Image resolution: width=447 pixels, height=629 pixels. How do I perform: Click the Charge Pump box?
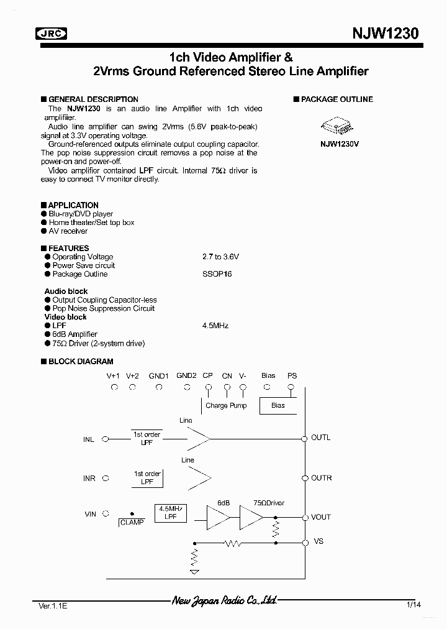pyautogui.click(x=226, y=405)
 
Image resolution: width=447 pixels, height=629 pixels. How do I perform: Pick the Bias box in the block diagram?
pyautogui.click(x=278, y=405)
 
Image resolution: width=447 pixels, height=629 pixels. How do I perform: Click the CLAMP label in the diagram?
pyautogui.click(x=132, y=523)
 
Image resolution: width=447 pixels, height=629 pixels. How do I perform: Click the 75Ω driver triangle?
pyautogui.click(x=250, y=517)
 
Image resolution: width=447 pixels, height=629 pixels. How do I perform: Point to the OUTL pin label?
pyautogui.click(x=321, y=438)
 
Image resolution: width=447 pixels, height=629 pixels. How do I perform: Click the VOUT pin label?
pyautogui.click(x=321, y=517)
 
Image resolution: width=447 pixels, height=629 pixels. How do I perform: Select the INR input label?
pyautogui.click(x=89, y=479)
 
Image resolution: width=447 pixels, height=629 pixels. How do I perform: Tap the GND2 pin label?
pyautogui.click(x=186, y=375)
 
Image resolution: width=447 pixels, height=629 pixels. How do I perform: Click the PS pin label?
pyautogui.click(x=292, y=375)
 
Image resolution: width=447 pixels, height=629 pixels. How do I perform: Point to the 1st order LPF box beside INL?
pyautogui.click(x=147, y=438)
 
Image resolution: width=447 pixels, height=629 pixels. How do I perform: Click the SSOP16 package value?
pyautogui.click(x=217, y=274)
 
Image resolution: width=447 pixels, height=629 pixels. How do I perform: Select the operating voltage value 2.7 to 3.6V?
pyautogui.click(x=220, y=257)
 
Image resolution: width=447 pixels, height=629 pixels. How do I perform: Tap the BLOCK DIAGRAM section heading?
pyautogui.click(x=80, y=361)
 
